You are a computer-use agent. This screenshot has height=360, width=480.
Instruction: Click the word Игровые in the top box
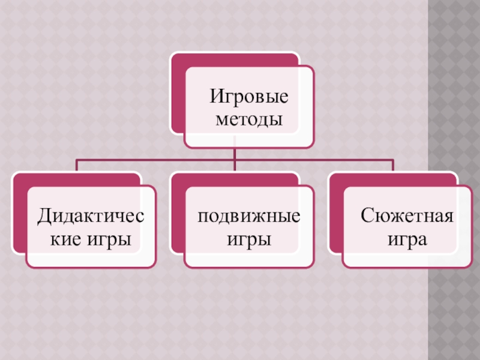[x=248, y=96]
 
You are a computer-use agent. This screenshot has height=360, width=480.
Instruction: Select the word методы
[x=248, y=119]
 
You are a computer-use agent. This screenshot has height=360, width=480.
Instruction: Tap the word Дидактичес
[x=91, y=215]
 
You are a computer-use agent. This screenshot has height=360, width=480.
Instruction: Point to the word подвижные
[x=249, y=215]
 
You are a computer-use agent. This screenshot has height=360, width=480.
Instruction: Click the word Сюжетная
[x=407, y=215]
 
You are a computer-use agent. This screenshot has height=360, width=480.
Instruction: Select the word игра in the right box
[x=407, y=240]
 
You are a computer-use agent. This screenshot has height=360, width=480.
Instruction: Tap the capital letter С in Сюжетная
[x=366, y=215]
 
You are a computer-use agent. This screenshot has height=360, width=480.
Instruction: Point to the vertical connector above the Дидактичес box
[x=76, y=166]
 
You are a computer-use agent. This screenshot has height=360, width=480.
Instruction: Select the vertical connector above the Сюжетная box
[x=393, y=166]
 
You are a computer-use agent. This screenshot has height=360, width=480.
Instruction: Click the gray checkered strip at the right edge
[x=454, y=180]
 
